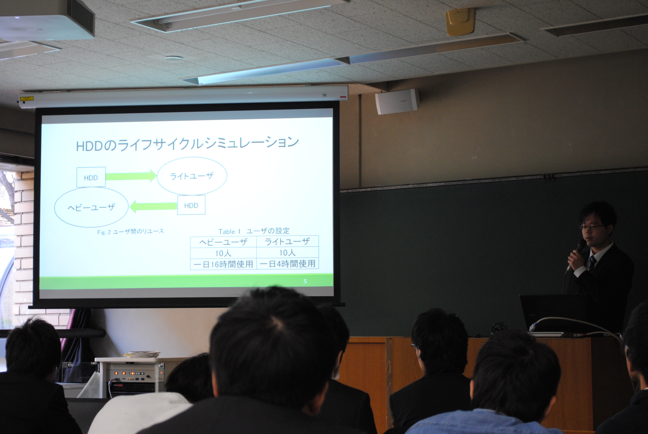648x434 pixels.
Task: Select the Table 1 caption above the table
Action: click(x=254, y=231)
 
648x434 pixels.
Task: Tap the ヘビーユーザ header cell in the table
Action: click(x=223, y=242)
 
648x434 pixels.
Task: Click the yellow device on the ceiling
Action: click(x=460, y=22)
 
